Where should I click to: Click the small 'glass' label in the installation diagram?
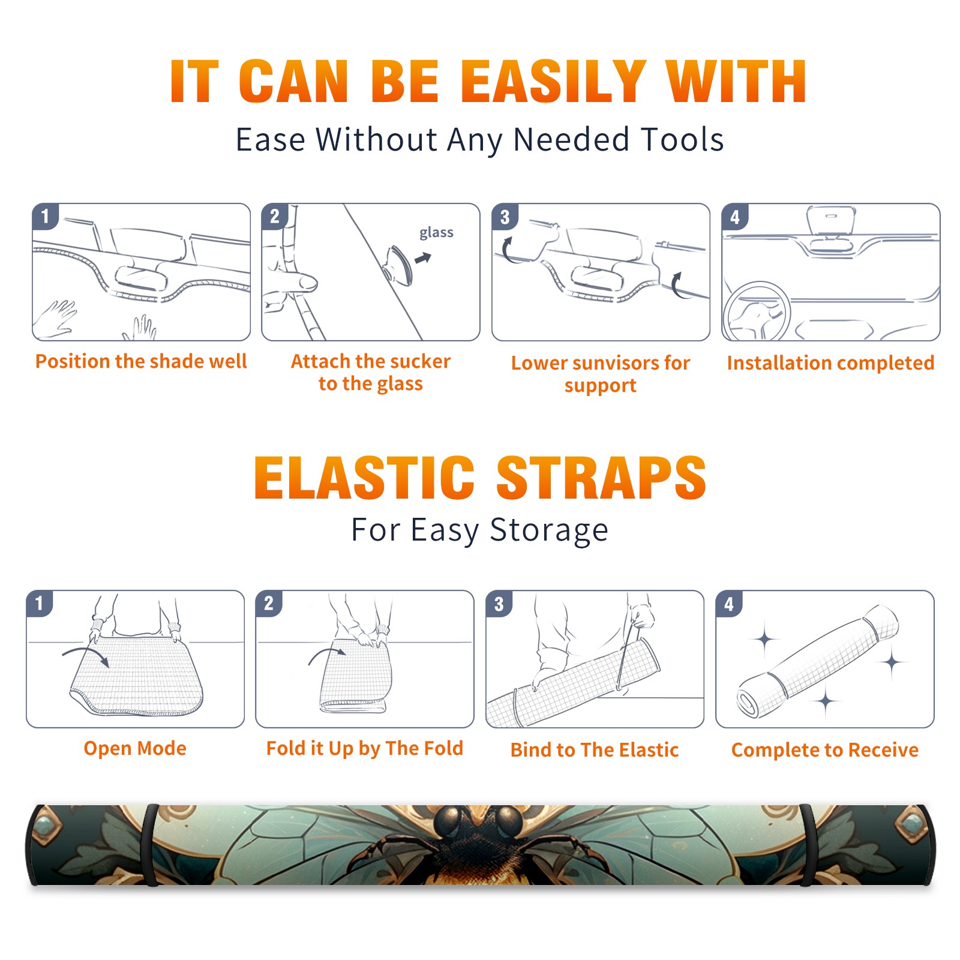click(436, 233)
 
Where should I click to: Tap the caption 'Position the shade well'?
click(141, 361)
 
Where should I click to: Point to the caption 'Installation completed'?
click(830, 363)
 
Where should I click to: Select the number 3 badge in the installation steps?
click(505, 217)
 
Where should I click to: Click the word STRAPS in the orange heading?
click(601, 478)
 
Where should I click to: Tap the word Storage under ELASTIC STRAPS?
click(549, 530)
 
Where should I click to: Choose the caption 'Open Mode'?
click(135, 748)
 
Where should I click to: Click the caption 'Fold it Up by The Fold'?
click(365, 748)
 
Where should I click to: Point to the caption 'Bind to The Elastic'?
click(595, 750)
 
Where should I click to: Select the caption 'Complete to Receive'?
click(825, 750)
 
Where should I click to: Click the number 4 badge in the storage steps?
click(729, 604)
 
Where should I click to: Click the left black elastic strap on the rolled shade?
click(151, 845)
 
